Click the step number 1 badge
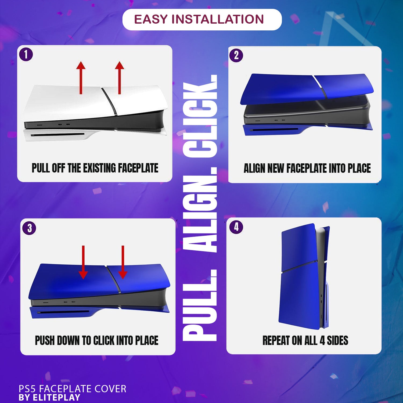(x=26, y=55)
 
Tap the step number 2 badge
(x=236, y=56)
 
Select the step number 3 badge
(x=29, y=228)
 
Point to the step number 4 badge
(x=236, y=227)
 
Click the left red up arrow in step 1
(x=81, y=78)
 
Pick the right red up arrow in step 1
(x=119, y=78)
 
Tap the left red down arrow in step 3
(x=83, y=262)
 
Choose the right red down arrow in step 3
(x=123, y=262)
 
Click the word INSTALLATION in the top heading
(x=218, y=19)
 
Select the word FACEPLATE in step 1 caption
(x=138, y=168)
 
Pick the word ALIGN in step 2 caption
(x=254, y=168)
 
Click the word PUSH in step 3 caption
(x=45, y=340)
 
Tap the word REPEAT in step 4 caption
(x=276, y=340)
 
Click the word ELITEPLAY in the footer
(x=56, y=397)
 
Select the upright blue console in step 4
(x=305, y=277)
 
